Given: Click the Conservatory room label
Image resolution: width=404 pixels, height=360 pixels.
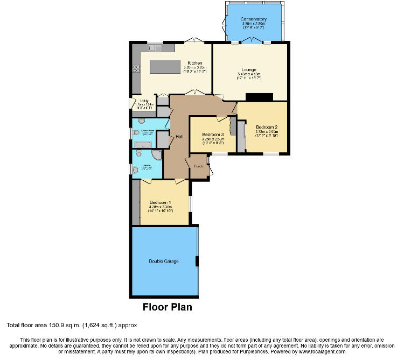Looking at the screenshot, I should [x=254, y=19].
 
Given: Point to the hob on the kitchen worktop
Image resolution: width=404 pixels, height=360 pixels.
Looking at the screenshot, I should [x=136, y=69].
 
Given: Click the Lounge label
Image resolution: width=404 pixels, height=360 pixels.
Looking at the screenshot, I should [x=248, y=69].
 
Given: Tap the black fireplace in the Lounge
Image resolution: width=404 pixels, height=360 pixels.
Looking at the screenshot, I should [x=259, y=97].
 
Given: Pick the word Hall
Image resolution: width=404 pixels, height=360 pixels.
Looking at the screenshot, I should [x=179, y=137].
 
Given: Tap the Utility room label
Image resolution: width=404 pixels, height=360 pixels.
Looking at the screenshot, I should [x=144, y=101].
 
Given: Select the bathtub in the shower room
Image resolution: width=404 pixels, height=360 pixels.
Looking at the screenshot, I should [x=144, y=144].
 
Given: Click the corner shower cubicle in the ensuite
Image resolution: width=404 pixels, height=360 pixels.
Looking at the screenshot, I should [x=156, y=156].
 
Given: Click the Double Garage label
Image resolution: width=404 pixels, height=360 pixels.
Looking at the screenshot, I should [x=164, y=262].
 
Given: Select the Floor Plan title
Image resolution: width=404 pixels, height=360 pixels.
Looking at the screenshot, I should [x=167, y=308].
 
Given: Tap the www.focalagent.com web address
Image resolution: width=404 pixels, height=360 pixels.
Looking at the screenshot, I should [x=345, y=351].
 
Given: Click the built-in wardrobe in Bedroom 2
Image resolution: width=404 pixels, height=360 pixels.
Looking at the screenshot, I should [x=241, y=137].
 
